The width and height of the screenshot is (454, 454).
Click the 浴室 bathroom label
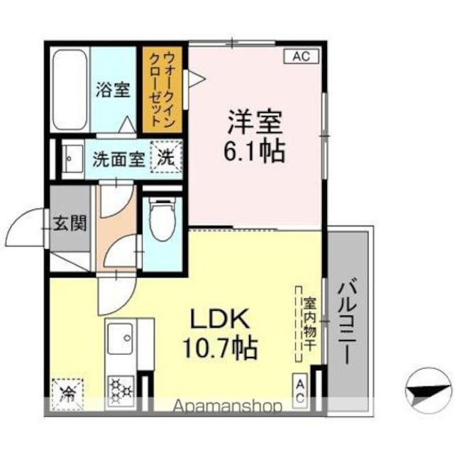click(x=113, y=89)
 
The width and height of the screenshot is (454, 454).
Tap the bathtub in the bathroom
click(x=70, y=90)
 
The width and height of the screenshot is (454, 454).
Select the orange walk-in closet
click(x=162, y=89)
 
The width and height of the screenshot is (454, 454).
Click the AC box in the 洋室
click(x=301, y=56)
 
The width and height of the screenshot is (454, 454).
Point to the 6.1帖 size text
click(x=254, y=151)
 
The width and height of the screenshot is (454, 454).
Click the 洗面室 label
click(x=118, y=159)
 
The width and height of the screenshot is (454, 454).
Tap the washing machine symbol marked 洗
click(x=166, y=157)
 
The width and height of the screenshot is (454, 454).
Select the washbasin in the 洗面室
click(x=72, y=159)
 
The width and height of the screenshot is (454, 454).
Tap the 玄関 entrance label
click(x=70, y=223)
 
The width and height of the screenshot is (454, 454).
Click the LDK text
click(x=219, y=319)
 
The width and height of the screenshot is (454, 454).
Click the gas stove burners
click(x=121, y=390)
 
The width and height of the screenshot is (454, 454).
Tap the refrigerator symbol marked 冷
click(x=68, y=394)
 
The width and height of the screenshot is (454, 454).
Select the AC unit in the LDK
click(x=300, y=391)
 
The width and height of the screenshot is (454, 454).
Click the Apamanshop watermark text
click(x=227, y=406)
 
